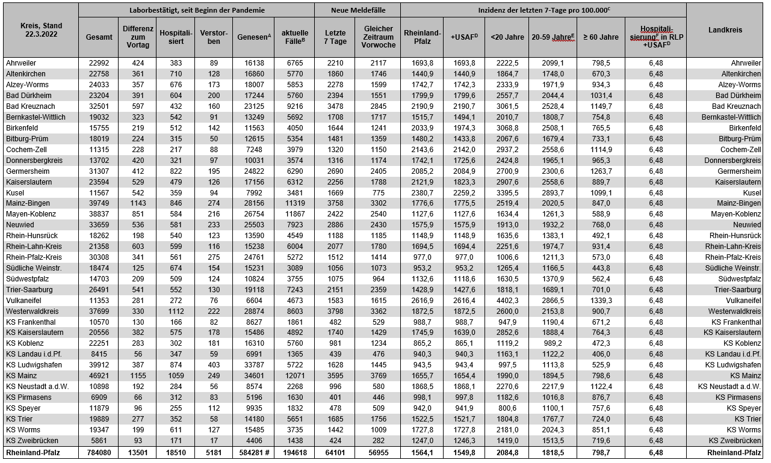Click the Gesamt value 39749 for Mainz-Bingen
click(x=99, y=203)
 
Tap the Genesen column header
click(x=253, y=37)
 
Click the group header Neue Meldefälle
click(x=358, y=10)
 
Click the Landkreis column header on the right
click(x=725, y=30)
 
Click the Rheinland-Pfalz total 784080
click(x=99, y=453)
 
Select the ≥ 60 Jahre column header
click(x=601, y=37)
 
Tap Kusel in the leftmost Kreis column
click(x=15, y=192)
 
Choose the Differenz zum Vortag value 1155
click(x=138, y=376)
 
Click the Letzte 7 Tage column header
click(x=335, y=37)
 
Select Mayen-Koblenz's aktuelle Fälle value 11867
click(x=294, y=214)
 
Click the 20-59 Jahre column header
click(x=553, y=37)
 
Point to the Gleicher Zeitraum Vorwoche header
click(x=378, y=37)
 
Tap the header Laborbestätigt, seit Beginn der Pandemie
click(x=196, y=10)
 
